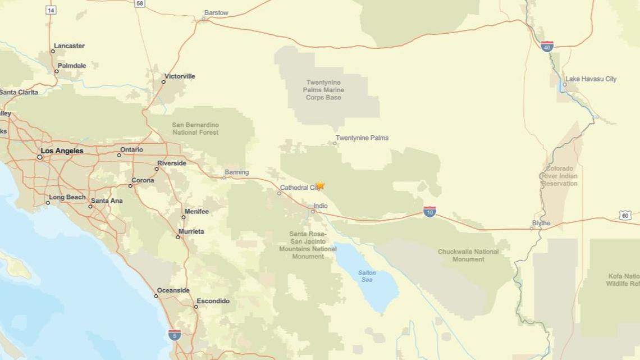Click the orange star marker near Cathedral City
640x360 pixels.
point(320,185)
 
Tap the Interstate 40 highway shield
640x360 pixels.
point(547,47)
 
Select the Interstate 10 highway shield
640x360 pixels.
point(429,212)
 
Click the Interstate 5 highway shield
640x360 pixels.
point(175,335)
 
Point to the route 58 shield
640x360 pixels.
point(140,3)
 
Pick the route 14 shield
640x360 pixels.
point(51,10)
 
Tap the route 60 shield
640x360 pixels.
point(625,215)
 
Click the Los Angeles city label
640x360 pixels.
point(62,151)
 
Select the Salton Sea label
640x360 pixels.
point(367,276)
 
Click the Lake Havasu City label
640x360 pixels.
point(591,79)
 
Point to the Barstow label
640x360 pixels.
point(216,13)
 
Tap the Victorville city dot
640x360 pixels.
point(163,82)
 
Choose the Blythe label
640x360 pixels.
point(541,223)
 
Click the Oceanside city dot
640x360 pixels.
point(156,296)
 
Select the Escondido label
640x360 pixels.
point(213,301)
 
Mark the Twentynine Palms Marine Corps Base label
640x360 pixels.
point(323,90)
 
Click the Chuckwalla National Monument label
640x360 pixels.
point(468,256)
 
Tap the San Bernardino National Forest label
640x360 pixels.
point(195,129)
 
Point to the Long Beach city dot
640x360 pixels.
point(48,203)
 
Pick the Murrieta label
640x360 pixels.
point(191,231)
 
